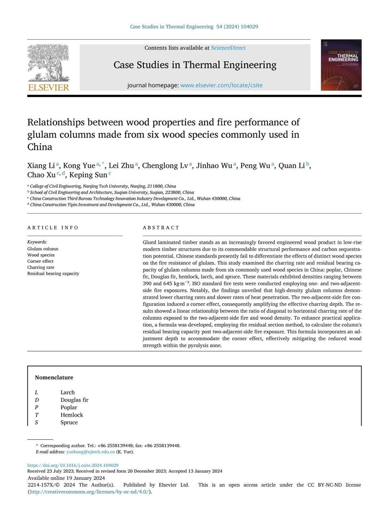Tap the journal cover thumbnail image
coord(341,65)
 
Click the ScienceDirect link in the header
coord(228,48)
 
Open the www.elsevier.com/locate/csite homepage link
coord(221,85)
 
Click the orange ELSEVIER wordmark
coord(48,87)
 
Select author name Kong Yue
coord(79,166)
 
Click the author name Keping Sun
coord(88,175)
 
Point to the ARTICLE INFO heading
coord(53,228)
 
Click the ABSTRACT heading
coord(161,228)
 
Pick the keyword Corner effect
coord(40,261)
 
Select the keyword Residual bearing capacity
coord(53,273)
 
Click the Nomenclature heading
coord(54,377)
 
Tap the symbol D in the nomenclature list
coord(37,400)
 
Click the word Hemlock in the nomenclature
coord(72,415)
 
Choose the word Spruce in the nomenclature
coord(69,422)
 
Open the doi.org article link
coord(73,465)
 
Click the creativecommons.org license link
coord(90,492)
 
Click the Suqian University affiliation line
coord(112,192)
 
